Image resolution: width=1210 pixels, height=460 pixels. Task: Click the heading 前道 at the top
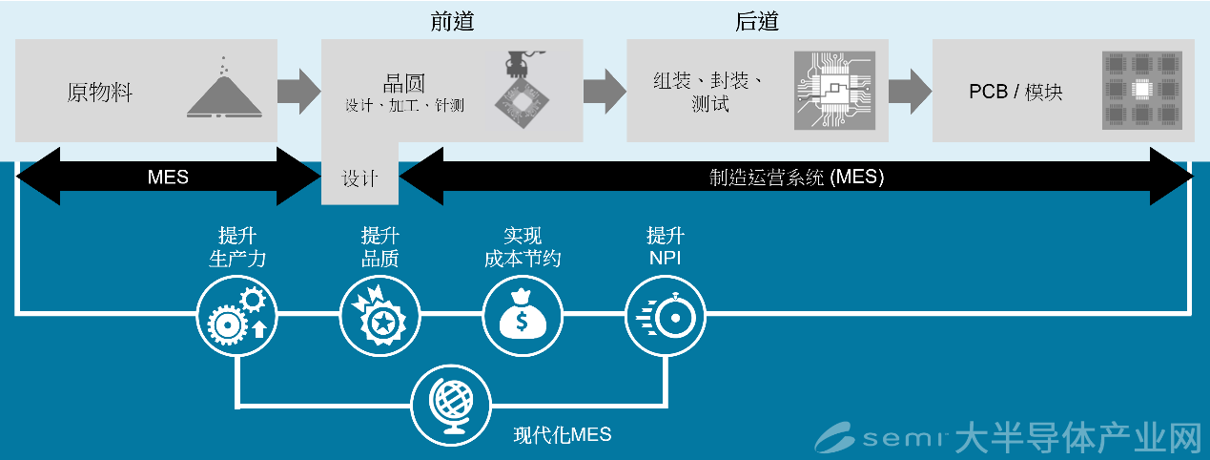pos(452,20)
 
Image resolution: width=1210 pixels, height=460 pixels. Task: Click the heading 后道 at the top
pos(757,20)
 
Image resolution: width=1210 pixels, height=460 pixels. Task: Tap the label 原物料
pos(99,93)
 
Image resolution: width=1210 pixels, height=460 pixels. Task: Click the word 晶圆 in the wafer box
pos(403,82)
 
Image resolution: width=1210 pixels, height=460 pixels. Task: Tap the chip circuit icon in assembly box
pos(832,92)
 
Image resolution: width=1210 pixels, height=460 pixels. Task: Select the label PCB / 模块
pos(1015,93)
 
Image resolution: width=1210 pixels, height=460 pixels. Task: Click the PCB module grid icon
pos(1140,91)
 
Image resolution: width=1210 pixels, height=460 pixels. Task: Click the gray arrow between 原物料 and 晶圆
pos(299,91)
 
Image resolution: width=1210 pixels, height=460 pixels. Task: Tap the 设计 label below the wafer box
pos(359,178)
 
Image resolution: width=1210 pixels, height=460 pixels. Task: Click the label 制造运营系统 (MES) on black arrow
pos(796,177)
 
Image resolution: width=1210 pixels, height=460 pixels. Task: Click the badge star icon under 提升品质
pos(379,316)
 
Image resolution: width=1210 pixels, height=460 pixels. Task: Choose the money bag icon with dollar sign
pos(522,316)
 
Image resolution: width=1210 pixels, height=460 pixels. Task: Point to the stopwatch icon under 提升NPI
pos(665,316)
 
